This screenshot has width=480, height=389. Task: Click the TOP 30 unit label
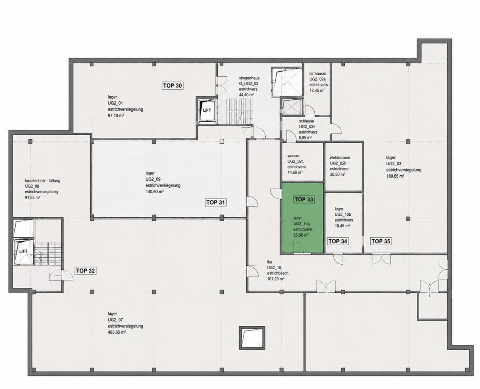[172, 86]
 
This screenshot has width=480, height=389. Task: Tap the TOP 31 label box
[216, 202]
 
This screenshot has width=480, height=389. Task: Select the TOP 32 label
[85, 271]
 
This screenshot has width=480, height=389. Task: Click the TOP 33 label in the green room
[304, 199]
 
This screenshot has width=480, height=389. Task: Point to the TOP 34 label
[338, 241]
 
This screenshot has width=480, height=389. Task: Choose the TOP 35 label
[381, 241]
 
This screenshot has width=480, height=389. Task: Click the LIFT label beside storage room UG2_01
[207, 110]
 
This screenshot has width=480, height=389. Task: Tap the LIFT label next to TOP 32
[23, 251]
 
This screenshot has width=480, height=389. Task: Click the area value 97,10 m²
[116, 116]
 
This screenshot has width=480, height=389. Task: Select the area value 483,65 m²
[117, 332]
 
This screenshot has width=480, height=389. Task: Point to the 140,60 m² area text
[154, 192]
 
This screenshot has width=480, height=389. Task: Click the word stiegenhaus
[249, 78]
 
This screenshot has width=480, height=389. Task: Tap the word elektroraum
[340, 158]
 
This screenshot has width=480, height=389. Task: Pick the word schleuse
[306, 121]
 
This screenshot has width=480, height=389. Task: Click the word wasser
[294, 156]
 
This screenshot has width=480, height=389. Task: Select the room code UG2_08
[32, 186]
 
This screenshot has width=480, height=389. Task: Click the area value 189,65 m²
[395, 176]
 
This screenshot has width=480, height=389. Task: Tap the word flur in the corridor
[270, 262]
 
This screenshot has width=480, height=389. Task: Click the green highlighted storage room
[302, 218]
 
